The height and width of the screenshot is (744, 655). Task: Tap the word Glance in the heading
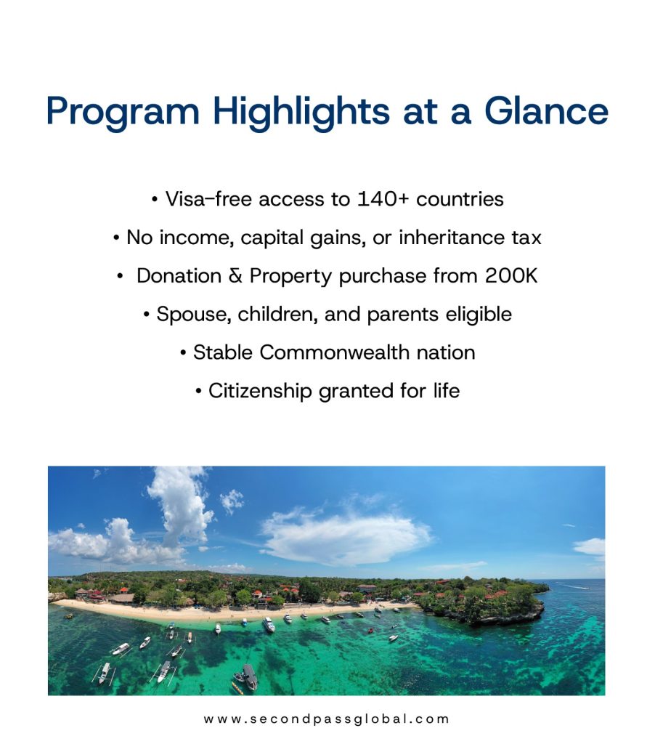click(546, 111)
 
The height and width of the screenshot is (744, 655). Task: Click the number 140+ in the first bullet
click(382, 199)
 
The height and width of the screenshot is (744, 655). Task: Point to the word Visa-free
click(208, 199)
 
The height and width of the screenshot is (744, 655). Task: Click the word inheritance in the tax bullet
click(451, 238)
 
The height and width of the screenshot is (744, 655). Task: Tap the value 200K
click(511, 276)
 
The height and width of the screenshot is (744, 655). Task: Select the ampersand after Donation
click(235, 276)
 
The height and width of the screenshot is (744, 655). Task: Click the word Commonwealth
click(334, 352)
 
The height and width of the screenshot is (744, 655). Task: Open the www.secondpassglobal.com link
click(326, 719)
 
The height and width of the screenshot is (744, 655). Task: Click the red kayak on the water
click(371, 631)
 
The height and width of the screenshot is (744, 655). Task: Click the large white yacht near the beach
click(269, 624)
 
